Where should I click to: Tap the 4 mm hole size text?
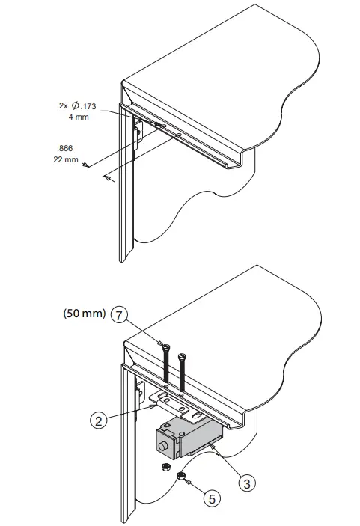(x=78, y=117)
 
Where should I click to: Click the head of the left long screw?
(x=165, y=346)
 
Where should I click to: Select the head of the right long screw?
(x=182, y=353)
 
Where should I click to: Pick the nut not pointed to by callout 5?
(x=162, y=467)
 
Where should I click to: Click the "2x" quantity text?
(x=63, y=106)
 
